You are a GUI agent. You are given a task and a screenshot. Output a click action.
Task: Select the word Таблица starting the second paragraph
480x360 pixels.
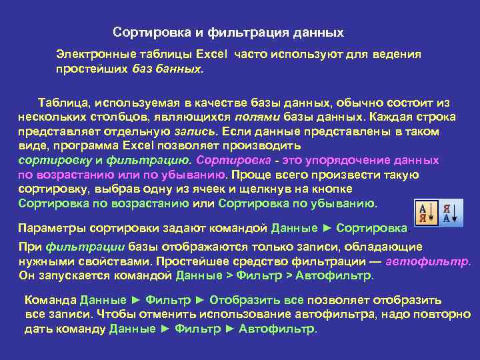click(x=63, y=103)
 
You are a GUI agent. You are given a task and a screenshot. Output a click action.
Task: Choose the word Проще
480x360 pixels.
click(x=249, y=175)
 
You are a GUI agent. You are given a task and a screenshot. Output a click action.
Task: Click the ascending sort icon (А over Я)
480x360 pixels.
click(x=425, y=212)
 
